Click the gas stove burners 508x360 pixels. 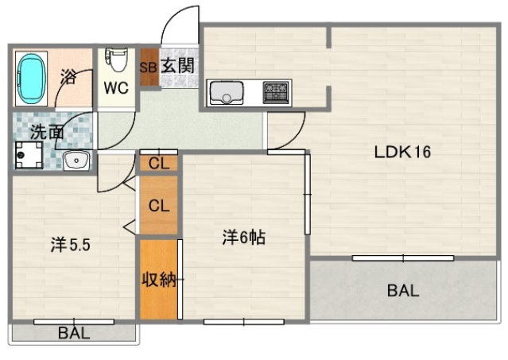click(x=276, y=93)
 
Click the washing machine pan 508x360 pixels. click(x=28, y=156)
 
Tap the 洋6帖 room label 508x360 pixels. click(x=243, y=236)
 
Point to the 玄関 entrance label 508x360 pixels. click(x=178, y=66)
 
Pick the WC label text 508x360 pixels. click(x=115, y=87)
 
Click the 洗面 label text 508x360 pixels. click(x=45, y=133)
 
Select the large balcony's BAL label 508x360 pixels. click(x=403, y=290)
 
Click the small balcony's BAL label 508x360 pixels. click(x=73, y=333)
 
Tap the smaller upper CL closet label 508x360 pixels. click(x=158, y=165)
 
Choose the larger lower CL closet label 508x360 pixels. click(x=159, y=205)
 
